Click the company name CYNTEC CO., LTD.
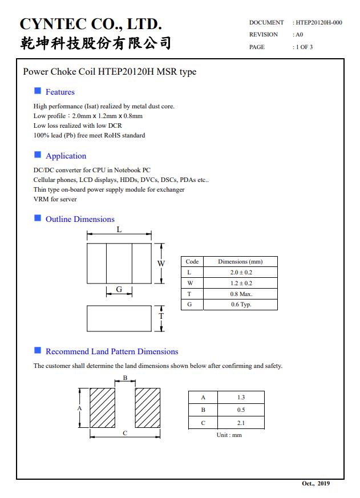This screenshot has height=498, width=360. (x=91, y=24)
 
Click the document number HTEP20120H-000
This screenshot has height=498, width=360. (x=319, y=23)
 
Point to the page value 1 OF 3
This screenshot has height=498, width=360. (x=304, y=47)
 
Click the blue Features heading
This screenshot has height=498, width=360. (x=60, y=92)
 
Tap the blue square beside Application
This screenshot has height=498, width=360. (x=38, y=155)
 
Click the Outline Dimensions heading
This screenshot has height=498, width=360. (x=80, y=219)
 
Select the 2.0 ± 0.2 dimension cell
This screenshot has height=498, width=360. (x=241, y=273)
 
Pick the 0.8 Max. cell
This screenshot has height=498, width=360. (x=241, y=294)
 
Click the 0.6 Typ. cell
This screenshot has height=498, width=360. (x=241, y=305)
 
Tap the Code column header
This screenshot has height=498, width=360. (x=192, y=262)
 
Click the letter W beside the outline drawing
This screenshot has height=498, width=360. (x=161, y=264)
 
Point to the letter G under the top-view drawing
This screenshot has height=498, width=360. (x=119, y=289)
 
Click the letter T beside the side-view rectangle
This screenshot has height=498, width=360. (x=161, y=316)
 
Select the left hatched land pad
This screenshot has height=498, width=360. (x=103, y=407)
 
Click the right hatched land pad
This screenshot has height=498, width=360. (x=147, y=407)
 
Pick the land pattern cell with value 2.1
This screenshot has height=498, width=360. (x=241, y=423)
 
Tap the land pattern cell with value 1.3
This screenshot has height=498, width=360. (x=241, y=397)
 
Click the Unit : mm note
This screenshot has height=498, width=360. (x=229, y=435)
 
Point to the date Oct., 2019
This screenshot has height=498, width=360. (x=315, y=484)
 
